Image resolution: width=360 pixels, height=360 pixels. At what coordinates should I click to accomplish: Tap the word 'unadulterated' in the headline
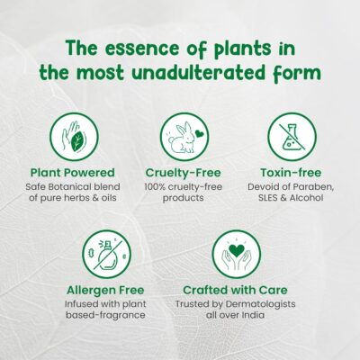click(199, 73)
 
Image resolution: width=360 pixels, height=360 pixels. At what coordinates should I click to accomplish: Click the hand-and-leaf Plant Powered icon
click(74, 137)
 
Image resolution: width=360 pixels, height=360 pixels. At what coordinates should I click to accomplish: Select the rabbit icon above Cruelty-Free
click(184, 137)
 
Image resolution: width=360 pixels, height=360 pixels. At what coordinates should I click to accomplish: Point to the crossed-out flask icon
click(292, 137)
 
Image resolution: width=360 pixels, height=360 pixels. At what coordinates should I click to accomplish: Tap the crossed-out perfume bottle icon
click(106, 255)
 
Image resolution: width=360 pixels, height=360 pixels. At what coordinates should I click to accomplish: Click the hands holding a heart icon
click(237, 255)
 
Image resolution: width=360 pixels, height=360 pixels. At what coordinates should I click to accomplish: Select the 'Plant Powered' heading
click(73, 173)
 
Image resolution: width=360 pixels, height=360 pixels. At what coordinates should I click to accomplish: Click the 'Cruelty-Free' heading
click(183, 173)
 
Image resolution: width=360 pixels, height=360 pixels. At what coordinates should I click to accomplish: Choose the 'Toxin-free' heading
click(291, 173)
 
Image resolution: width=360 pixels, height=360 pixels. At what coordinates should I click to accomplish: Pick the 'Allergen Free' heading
click(105, 290)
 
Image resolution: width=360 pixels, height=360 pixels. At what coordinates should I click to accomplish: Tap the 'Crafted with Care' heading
click(235, 290)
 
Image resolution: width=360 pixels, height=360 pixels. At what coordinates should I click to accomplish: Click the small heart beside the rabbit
click(199, 132)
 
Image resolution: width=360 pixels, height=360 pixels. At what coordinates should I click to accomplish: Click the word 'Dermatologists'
click(260, 304)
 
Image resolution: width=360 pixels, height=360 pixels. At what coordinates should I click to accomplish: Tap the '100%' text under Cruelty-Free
click(155, 186)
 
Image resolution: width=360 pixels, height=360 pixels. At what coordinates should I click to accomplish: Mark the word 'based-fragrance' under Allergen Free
click(105, 315)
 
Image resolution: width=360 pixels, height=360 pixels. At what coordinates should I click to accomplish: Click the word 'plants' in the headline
click(242, 49)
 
